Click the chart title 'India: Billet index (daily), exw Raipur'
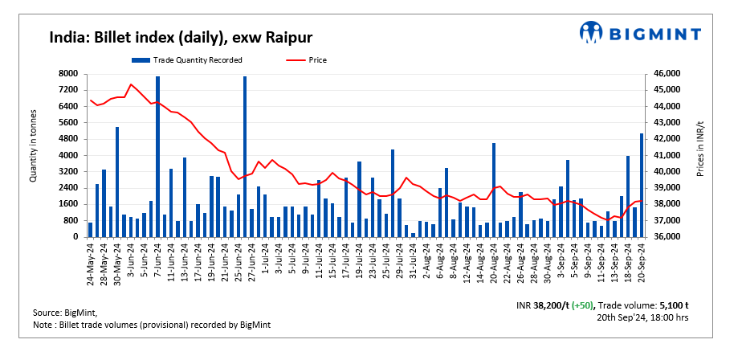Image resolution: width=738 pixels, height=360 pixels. (181, 37)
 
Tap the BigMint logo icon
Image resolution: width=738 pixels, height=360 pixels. (592, 32)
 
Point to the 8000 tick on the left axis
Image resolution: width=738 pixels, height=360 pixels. (68, 73)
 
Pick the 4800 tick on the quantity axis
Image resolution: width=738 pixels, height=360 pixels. (68, 139)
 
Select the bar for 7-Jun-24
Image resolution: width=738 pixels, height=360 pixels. (157, 157)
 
